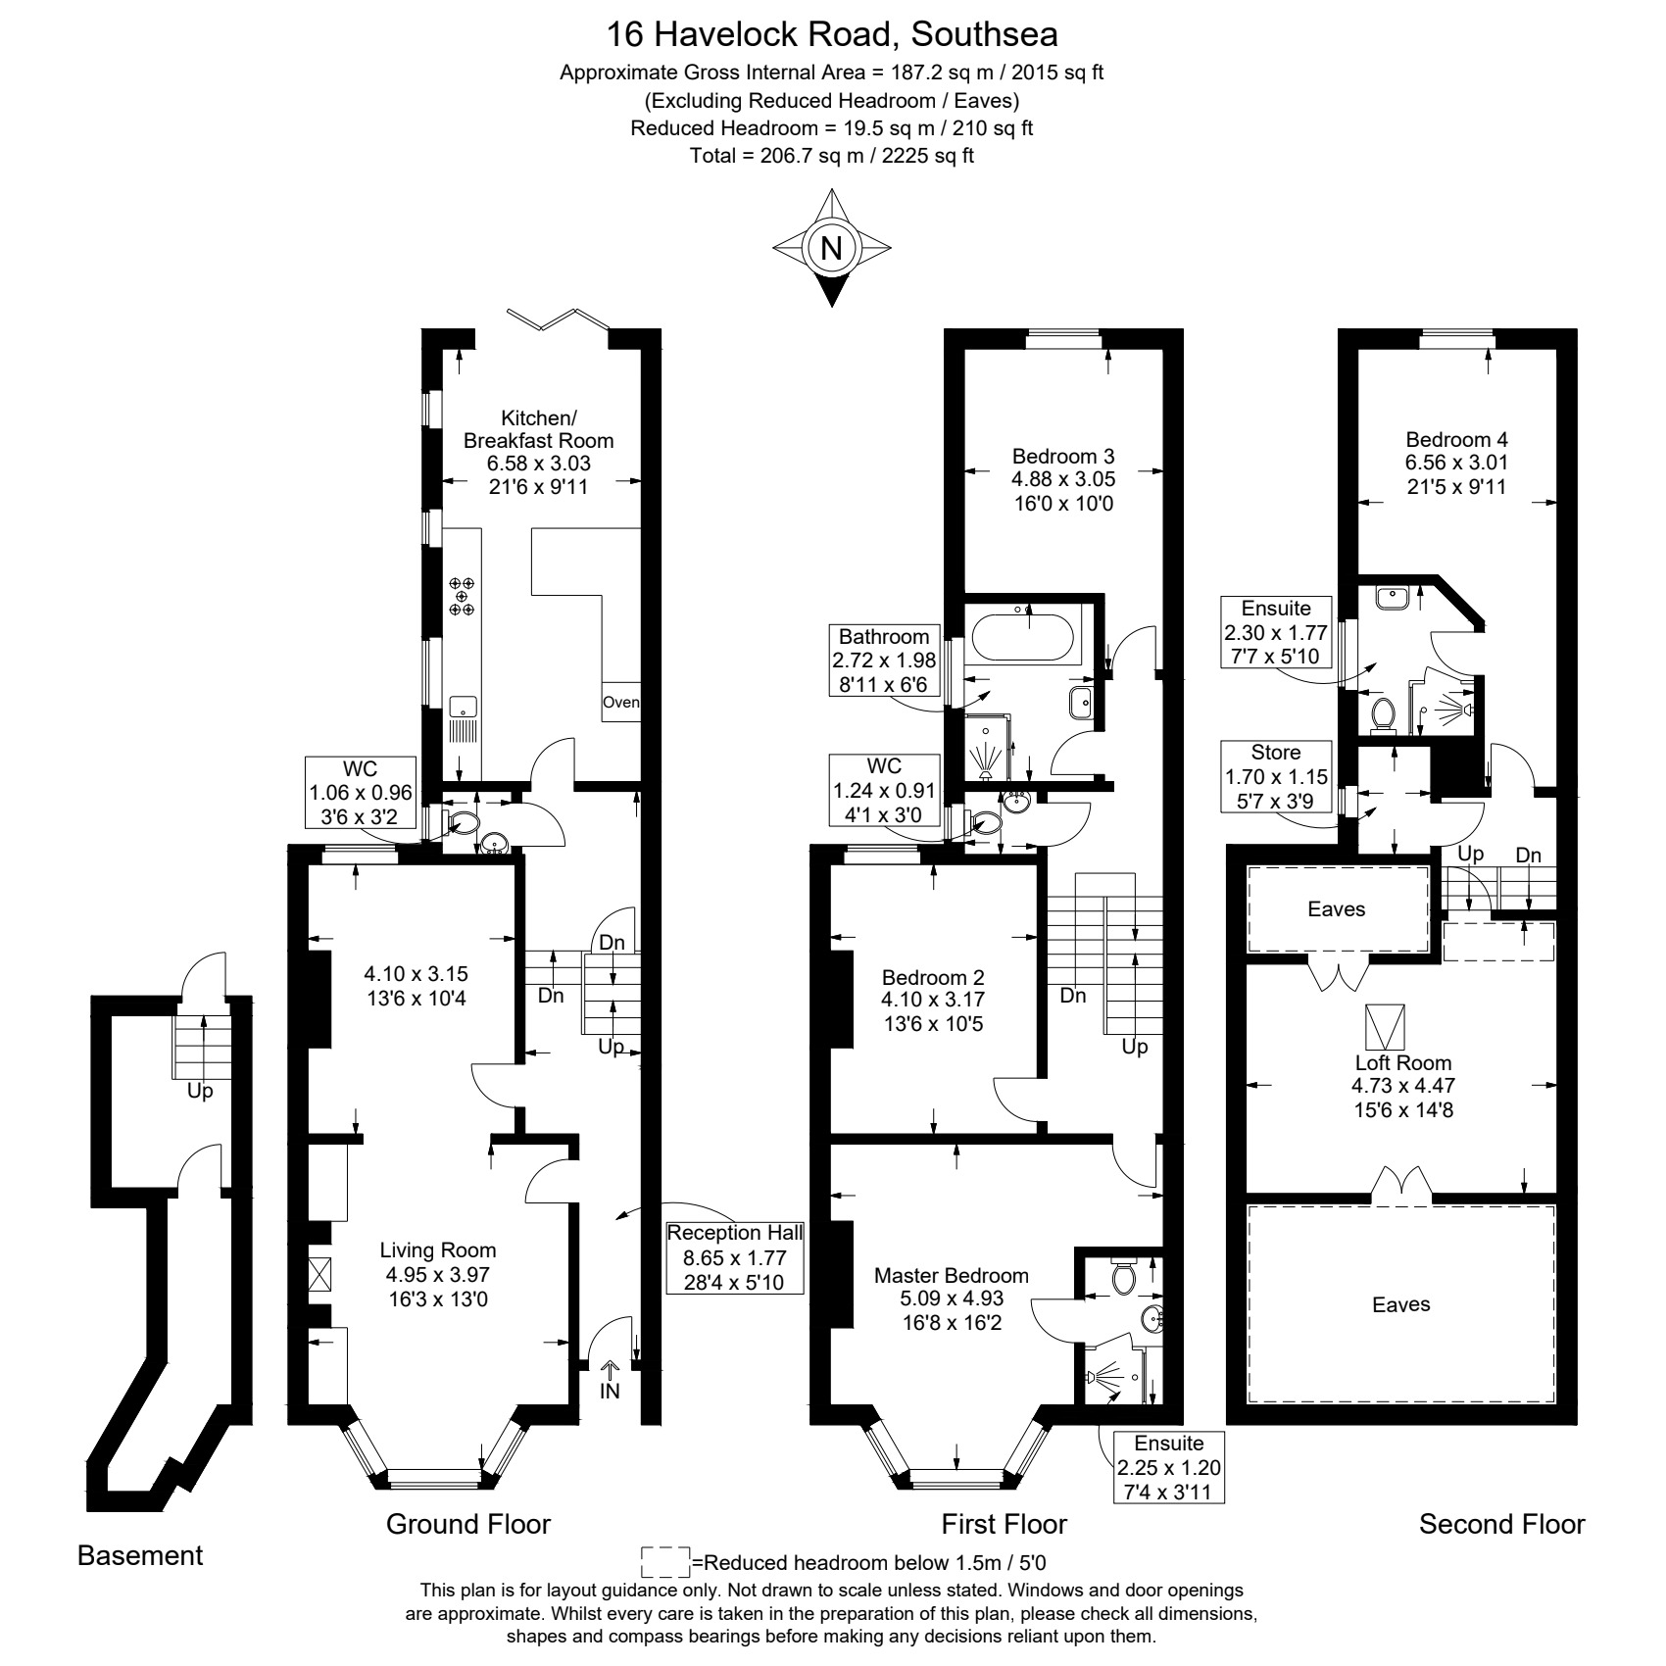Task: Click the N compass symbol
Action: [x=831, y=247]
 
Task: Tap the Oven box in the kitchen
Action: [x=621, y=702]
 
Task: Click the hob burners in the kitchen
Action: [x=462, y=596]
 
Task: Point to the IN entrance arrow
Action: [x=610, y=1379]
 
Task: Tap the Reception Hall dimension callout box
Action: [x=734, y=1257]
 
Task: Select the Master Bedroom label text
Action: [x=952, y=1275]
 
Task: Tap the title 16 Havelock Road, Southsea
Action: [x=832, y=34]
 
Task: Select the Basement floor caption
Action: [x=140, y=1555]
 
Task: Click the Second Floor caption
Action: [x=1501, y=1524]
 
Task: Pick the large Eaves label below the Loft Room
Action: [x=1400, y=1304]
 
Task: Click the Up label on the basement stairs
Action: [x=200, y=1091]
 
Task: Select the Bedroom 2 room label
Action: [x=933, y=977]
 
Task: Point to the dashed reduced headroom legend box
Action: [x=665, y=1562]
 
